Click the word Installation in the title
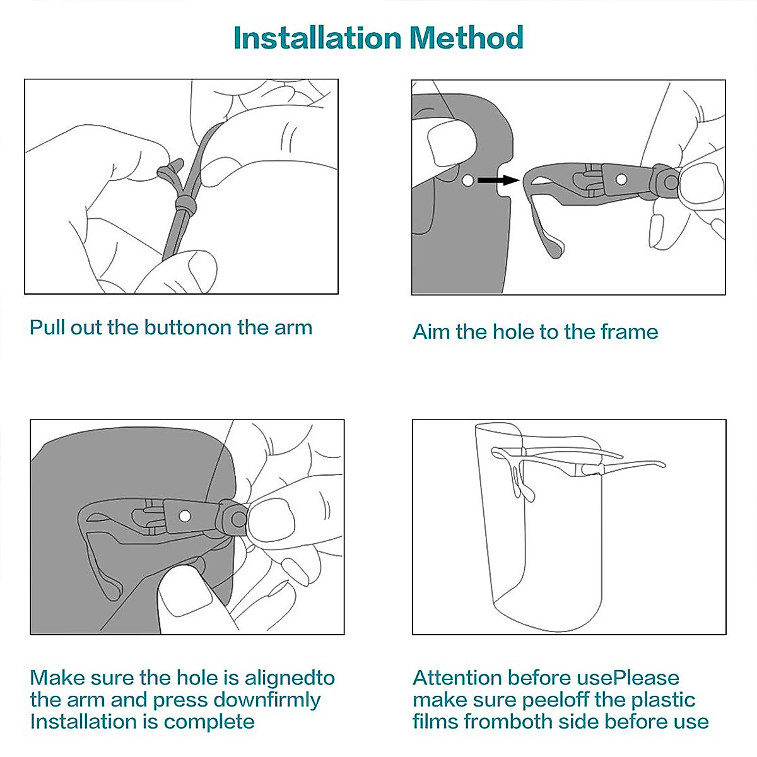pos(317,38)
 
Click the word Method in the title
pos(466,38)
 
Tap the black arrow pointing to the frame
pos(498,180)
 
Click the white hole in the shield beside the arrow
pos(467,180)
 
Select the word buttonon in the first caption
pos(188,327)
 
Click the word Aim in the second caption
pos(431,332)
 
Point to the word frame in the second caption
pos(630,332)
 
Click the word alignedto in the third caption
pos(290,678)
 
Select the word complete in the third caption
pos(209,722)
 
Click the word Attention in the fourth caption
pos(457,678)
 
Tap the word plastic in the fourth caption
pos(663,700)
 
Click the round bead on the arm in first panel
pos(185,203)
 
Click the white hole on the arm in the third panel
pos(185,516)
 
